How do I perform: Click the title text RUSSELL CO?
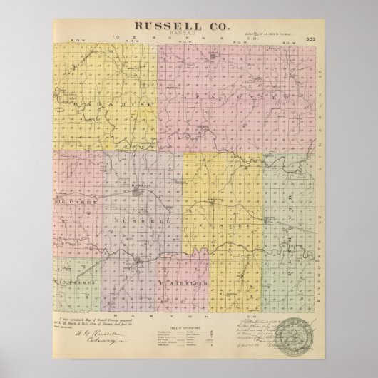pyautogui.click(x=188, y=25)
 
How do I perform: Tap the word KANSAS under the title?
pyautogui.click(x=188, y=34)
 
